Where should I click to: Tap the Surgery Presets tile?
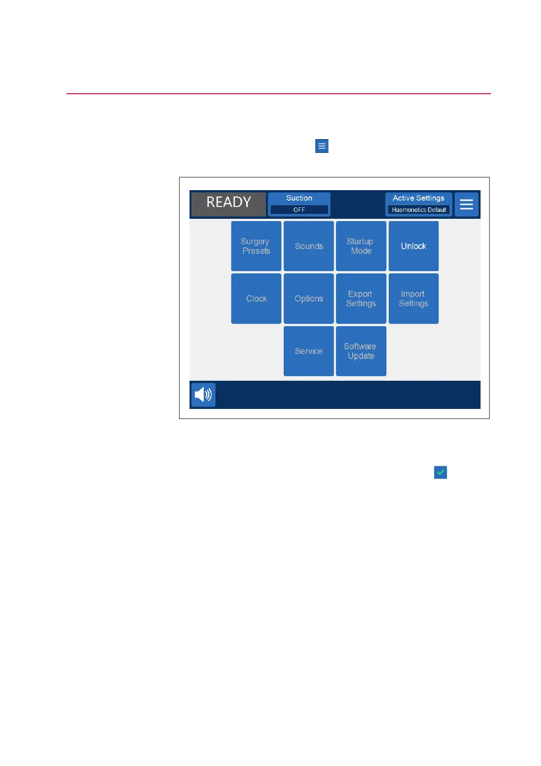pyautogui.click(x=256, y=246)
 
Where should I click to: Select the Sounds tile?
pyautogui.click(x=309, y=246)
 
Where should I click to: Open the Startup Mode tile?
pyautogui.click(x=361, y=246)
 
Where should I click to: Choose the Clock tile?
pyautogui.click(x=256, y=298)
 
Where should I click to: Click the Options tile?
pyautogui.click(x=309, y=298)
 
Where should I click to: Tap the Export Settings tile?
pyautogui.click(x=361, y=298)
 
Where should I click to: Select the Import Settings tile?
pyautogui.click(x=414, y=298)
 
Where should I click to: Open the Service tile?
pyautogui.click(x=309, y=351)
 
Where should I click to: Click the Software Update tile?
pyautogui.click(x=361, y=351)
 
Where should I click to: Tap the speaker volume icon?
pyautogui.click(x=203, y=395)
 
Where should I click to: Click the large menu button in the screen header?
pyautogui.click(x=466, y=204)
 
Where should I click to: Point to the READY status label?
pyautogui.click(x=229, y=202)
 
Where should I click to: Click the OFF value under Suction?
pyautogui.click(x=299, y=210)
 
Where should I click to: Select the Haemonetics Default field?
pyautogui.click(x=419, y=210)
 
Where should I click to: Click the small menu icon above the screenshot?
pyautogui.click(x=321, y=146)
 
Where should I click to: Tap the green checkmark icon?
pyautogui.click(x=440, y=472)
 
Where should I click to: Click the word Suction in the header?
pyautogui.click(x=299, y=198)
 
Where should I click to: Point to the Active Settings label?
pyautogui.click(x=418, y=198)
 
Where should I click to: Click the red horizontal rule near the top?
pyautogui.click(x=279, y=93)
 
